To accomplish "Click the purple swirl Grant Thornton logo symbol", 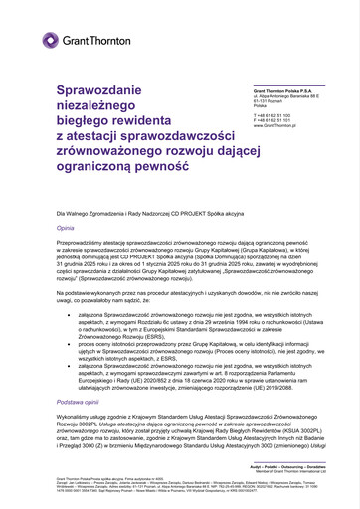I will (x=50, y=40).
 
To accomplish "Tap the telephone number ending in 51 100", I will (x=277, y=115).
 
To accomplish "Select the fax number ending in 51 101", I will (x=277, y=120).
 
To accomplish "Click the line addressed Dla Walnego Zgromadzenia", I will (x=148, y=214).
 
